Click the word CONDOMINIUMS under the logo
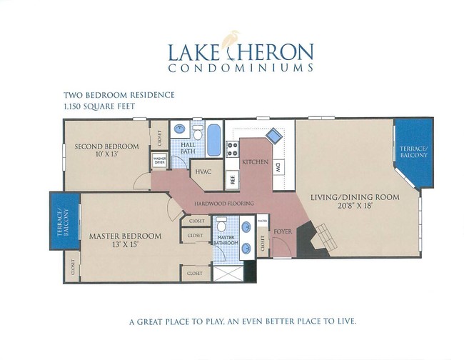pyautogui.click(x=241, y=69)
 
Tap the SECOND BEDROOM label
pyautogui.click(x=106, y=147)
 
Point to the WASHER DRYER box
pyautogui.click(x=159, y=161)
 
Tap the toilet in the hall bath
pyautogui.click(x=198, y=132)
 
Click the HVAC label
pyautogui.click(x=200, y=172)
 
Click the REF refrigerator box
pyautogui.click(x=232, y=179)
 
